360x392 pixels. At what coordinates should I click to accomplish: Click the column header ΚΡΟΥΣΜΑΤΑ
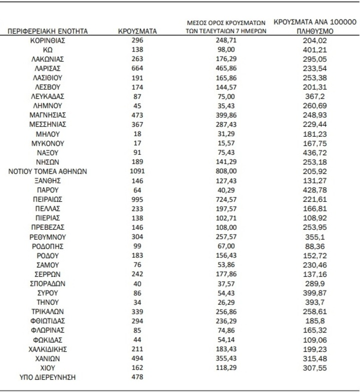click(137, 31)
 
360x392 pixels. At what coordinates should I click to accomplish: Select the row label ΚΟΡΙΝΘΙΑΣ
click(48, 41)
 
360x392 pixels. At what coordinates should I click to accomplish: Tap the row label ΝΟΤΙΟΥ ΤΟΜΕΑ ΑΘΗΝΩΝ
click(48, 171)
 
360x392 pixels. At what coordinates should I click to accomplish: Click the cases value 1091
click(137, 171)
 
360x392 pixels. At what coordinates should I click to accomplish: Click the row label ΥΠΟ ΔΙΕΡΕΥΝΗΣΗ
click(48, 377)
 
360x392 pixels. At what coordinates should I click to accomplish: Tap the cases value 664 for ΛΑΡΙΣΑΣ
click(137, 69)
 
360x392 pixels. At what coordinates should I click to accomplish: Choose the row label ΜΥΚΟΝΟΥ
click(48, 143)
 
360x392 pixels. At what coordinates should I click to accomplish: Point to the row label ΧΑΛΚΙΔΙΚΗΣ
click(48, 349)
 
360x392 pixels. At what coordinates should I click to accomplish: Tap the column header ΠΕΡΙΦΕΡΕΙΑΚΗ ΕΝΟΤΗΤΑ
click(48, 31)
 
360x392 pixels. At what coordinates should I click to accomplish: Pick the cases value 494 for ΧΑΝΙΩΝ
click(137, 358)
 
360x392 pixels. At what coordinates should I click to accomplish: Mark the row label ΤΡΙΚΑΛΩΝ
click(48, 311)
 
